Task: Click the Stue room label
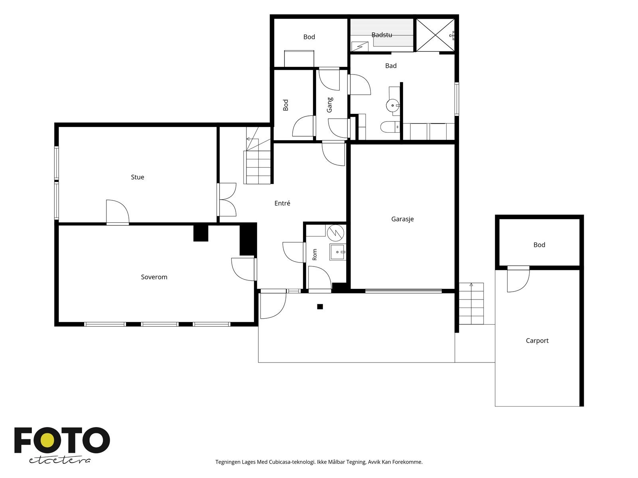coord(138,177)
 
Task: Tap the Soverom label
coord(154,277)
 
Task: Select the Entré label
coord(282,203)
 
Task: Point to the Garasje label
coord(402,219)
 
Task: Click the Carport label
coord(537,341)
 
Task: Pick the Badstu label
coord(382,35)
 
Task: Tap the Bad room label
coord(391,66)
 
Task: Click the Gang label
coord(330,105)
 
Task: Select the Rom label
coord(315,255)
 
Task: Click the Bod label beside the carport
coord(539,245)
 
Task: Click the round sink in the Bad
coord(393,105)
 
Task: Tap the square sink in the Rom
coord(337,252)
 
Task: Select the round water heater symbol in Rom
coord(336,233)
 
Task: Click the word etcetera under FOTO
coord(59,460)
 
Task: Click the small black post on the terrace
coord(320,306)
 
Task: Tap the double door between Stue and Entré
coord(227,200)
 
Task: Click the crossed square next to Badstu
coord(435,35)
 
